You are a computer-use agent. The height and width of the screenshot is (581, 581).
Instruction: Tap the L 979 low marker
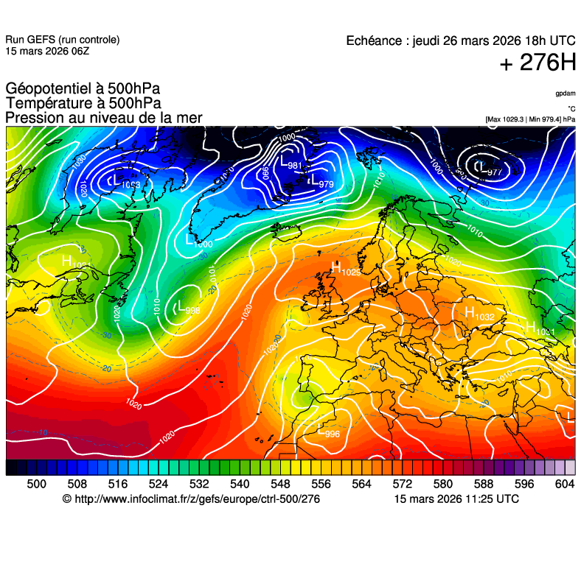click(x=321, y=182)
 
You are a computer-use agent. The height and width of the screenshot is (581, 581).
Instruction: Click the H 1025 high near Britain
click(x=345, y=270)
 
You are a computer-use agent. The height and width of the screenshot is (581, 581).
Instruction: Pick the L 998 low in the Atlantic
click(x=187, y=309)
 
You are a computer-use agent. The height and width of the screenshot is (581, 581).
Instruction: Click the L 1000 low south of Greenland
click(x=198, y=242)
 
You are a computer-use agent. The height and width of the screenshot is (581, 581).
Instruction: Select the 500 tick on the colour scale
click(x=36, y=484)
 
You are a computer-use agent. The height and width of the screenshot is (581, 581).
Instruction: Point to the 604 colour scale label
click(x=564, y=484)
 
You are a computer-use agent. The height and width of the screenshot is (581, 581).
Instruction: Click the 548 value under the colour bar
click(x=280, y=484)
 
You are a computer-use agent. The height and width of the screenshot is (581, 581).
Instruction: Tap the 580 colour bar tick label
click(x=442, y=484)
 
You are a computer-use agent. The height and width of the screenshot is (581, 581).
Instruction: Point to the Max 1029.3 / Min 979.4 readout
click(x=530, y=119)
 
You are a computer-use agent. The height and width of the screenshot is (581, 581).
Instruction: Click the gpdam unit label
click(x=566, y=94)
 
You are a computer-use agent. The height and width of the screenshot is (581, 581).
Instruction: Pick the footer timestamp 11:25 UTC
click(x=487, y=499)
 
